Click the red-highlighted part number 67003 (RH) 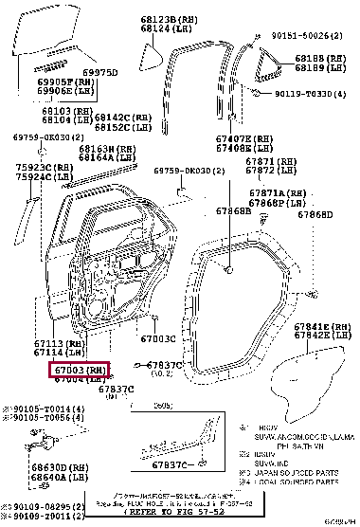(x=80, y=370)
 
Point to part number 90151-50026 (x=305, y=36)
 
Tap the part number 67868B (x=231, y=210)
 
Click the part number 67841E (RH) (x=321, y=326)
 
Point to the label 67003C (x=158, y=338)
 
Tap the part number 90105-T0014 (x=45, y=409)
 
